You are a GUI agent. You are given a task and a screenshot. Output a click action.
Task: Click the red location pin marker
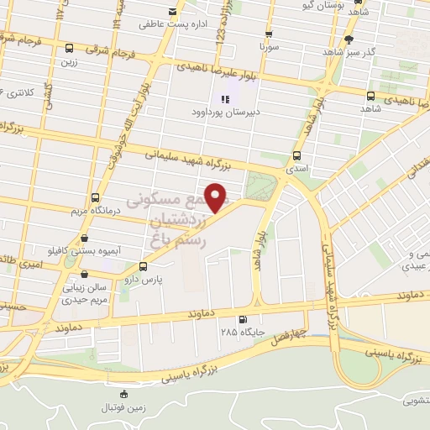pos(217,198)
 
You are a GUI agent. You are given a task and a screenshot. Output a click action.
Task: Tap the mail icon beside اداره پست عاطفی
pos(174,12)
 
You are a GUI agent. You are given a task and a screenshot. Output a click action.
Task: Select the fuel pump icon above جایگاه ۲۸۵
pos(243,319)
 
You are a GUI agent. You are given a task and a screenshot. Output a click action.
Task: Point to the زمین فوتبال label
pos(125,406)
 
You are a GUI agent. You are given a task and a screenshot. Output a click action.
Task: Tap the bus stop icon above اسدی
pos(296,155)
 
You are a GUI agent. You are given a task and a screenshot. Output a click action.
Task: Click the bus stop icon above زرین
pos(67,47)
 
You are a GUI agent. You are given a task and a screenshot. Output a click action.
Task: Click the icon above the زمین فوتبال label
pos(125,393)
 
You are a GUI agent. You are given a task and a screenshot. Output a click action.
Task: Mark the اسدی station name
pos(296,169)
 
